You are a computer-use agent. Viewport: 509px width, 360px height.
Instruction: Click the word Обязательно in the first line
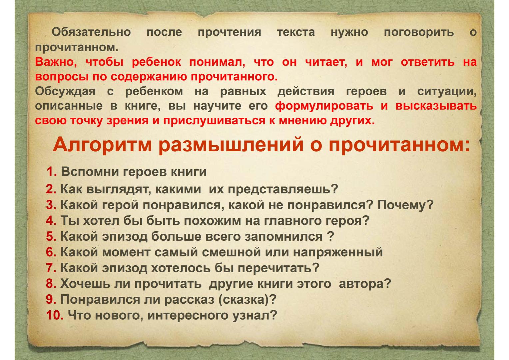click(91, 32)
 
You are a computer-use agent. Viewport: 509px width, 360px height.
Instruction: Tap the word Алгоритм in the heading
click(102, 145)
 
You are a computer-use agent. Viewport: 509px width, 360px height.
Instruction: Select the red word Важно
click(56, 62)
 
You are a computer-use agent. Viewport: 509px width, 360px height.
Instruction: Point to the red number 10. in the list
click(55, 315)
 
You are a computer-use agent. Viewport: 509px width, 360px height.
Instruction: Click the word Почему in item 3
click(405, 205)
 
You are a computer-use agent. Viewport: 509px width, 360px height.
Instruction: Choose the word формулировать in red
click(324, 106)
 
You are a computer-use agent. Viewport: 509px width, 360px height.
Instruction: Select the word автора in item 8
click(364, 284)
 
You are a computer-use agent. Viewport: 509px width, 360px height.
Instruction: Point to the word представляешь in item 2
click(283, 189)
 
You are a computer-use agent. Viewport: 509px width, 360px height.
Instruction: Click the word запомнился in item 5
click(283, 237)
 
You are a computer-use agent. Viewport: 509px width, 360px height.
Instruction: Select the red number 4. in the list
click(51, 221)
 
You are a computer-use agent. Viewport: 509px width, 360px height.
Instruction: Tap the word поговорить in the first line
click(419, 32)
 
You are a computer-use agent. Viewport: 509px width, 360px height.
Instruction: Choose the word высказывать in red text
click(436, 106)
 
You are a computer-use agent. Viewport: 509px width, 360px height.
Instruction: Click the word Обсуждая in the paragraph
click(65, 92)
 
